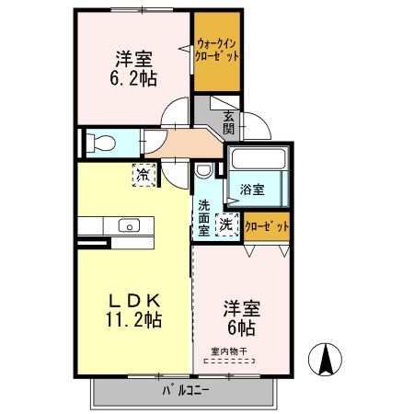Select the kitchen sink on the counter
click(127, 225)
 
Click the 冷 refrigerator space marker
click(143, 172)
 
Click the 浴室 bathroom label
click(252, 190)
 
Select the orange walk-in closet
click(217, 53)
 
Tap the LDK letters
click(133, 300)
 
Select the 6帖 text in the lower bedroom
click(241, 328)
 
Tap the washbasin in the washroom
click(204, 170)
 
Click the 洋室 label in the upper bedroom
click(134, 59)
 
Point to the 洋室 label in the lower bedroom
click(242, 309)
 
